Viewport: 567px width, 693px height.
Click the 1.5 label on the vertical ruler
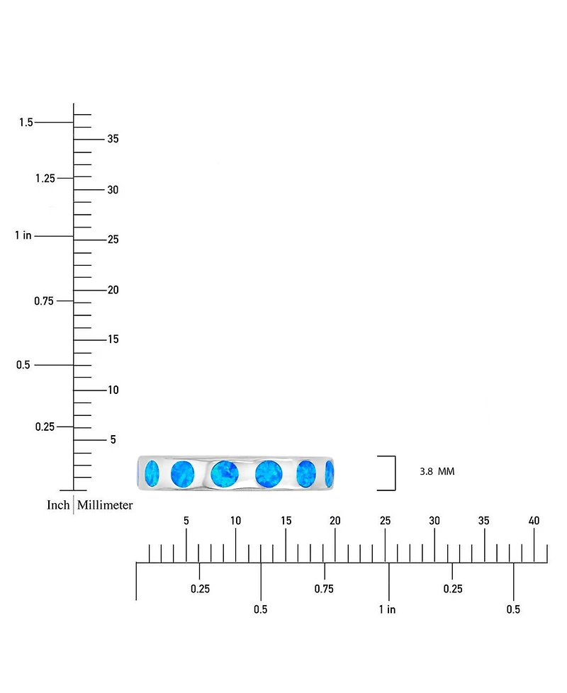coord(26,123)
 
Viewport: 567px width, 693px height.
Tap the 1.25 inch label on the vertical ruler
coord(45,179)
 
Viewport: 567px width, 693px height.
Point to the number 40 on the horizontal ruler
coord(534,521)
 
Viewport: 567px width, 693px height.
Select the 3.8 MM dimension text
coord(437,472)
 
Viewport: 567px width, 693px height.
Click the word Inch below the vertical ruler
coord(58,505)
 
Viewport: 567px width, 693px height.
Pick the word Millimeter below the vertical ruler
coord(105,505)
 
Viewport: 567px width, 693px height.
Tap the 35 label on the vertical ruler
coord(113,139)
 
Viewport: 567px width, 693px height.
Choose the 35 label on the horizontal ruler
coord(483,521)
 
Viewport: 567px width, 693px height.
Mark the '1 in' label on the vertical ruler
coord(23,235)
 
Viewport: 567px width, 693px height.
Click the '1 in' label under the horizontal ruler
coord(387,609)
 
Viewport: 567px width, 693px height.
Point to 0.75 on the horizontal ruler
coord(324,589)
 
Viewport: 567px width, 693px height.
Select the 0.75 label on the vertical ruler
coord(44,301)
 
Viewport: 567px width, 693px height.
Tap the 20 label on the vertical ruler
coord(113,290)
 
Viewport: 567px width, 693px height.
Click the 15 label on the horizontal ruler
coord(286,521)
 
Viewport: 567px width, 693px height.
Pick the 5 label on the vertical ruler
coord(113,440)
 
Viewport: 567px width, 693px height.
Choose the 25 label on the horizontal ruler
coord(385,521)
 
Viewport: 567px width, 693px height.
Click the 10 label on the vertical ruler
coord(113,390)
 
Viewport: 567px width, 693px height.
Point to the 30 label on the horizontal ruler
coord(434,521)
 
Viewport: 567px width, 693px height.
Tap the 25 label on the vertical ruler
coord(113,240)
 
